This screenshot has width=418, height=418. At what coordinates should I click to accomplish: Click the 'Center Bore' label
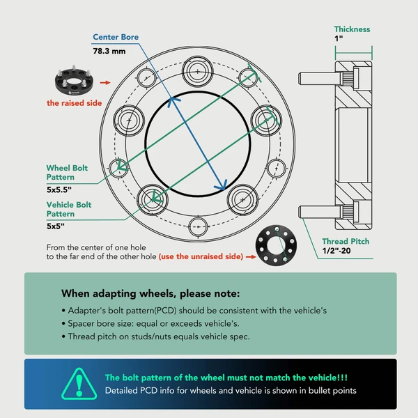116,38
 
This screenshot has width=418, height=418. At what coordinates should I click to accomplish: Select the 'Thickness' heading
353,29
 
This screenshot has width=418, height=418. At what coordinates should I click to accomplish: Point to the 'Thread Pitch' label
346,242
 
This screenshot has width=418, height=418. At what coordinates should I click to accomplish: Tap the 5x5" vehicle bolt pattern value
56,226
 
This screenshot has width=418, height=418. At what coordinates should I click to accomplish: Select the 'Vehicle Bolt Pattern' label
69,210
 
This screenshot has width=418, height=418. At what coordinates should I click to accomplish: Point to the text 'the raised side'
74,103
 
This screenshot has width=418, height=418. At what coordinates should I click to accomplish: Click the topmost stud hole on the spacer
196,72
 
